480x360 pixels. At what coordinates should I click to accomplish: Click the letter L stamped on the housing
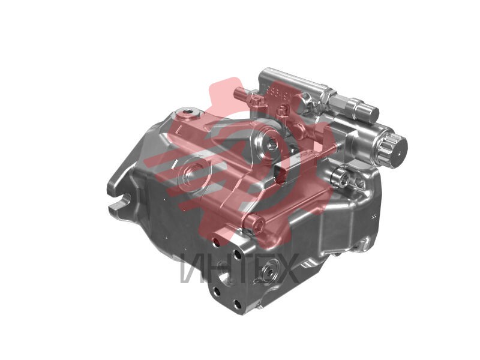pyautogui.click(x=178, y=128)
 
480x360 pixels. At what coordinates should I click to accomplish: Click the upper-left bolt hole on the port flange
pyautogui.click(x=216, y=242)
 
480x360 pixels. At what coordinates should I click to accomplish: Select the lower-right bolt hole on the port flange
pyautogui.click(x=237, y=305)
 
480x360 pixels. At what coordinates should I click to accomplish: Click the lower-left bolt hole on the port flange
pyautogui.click(x=217, y=292)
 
